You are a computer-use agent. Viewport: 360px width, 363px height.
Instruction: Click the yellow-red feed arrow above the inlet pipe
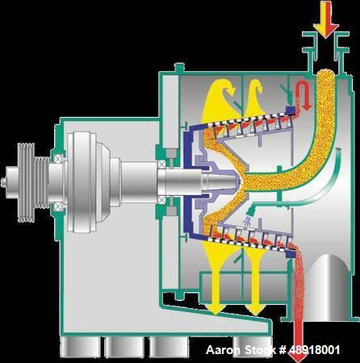click(x=326, y=19)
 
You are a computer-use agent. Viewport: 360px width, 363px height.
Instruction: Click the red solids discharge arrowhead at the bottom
click(x=298, y=356)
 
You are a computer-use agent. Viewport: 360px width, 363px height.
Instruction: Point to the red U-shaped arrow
click(x=303, y=95)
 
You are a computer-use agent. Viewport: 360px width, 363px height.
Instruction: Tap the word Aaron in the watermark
click(x=223, y=350)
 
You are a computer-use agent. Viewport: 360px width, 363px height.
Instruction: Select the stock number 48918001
click(x=314, y=350)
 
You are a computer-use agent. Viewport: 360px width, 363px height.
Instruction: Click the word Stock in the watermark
click(x=261, y=350)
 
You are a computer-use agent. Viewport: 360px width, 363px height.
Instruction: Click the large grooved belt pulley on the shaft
click(x=26, y=183)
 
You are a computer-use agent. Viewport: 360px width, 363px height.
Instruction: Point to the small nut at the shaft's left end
click(x=3, y=182)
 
